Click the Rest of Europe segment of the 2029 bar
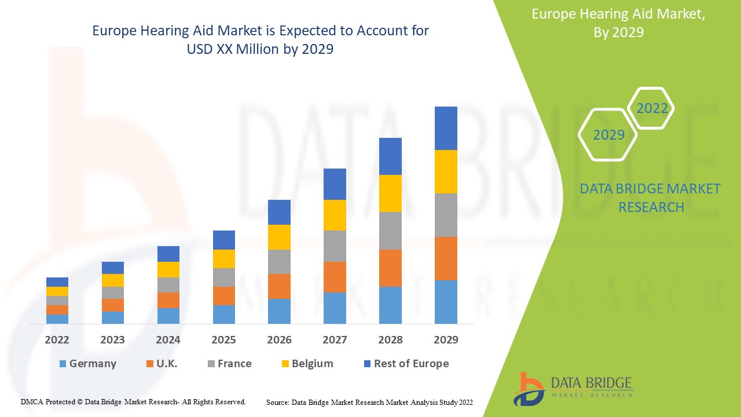click(446, 128)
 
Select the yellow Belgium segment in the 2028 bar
click(390, 193)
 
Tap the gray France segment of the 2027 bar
click(335, 246)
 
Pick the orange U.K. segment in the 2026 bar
click(279, 286)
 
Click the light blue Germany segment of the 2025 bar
click(224, 314)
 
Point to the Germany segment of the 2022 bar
click(57, 319)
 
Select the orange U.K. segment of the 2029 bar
click(446, 258)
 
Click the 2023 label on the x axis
click(112, 340)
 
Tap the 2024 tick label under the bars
click(168, 340)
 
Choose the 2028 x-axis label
click(390, 340)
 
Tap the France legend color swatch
click(211, 364)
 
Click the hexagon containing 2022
click(652, 108)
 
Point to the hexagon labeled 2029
click(608, 135)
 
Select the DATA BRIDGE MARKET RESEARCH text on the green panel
click(650, 197)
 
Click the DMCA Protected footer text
click(133, 401)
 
